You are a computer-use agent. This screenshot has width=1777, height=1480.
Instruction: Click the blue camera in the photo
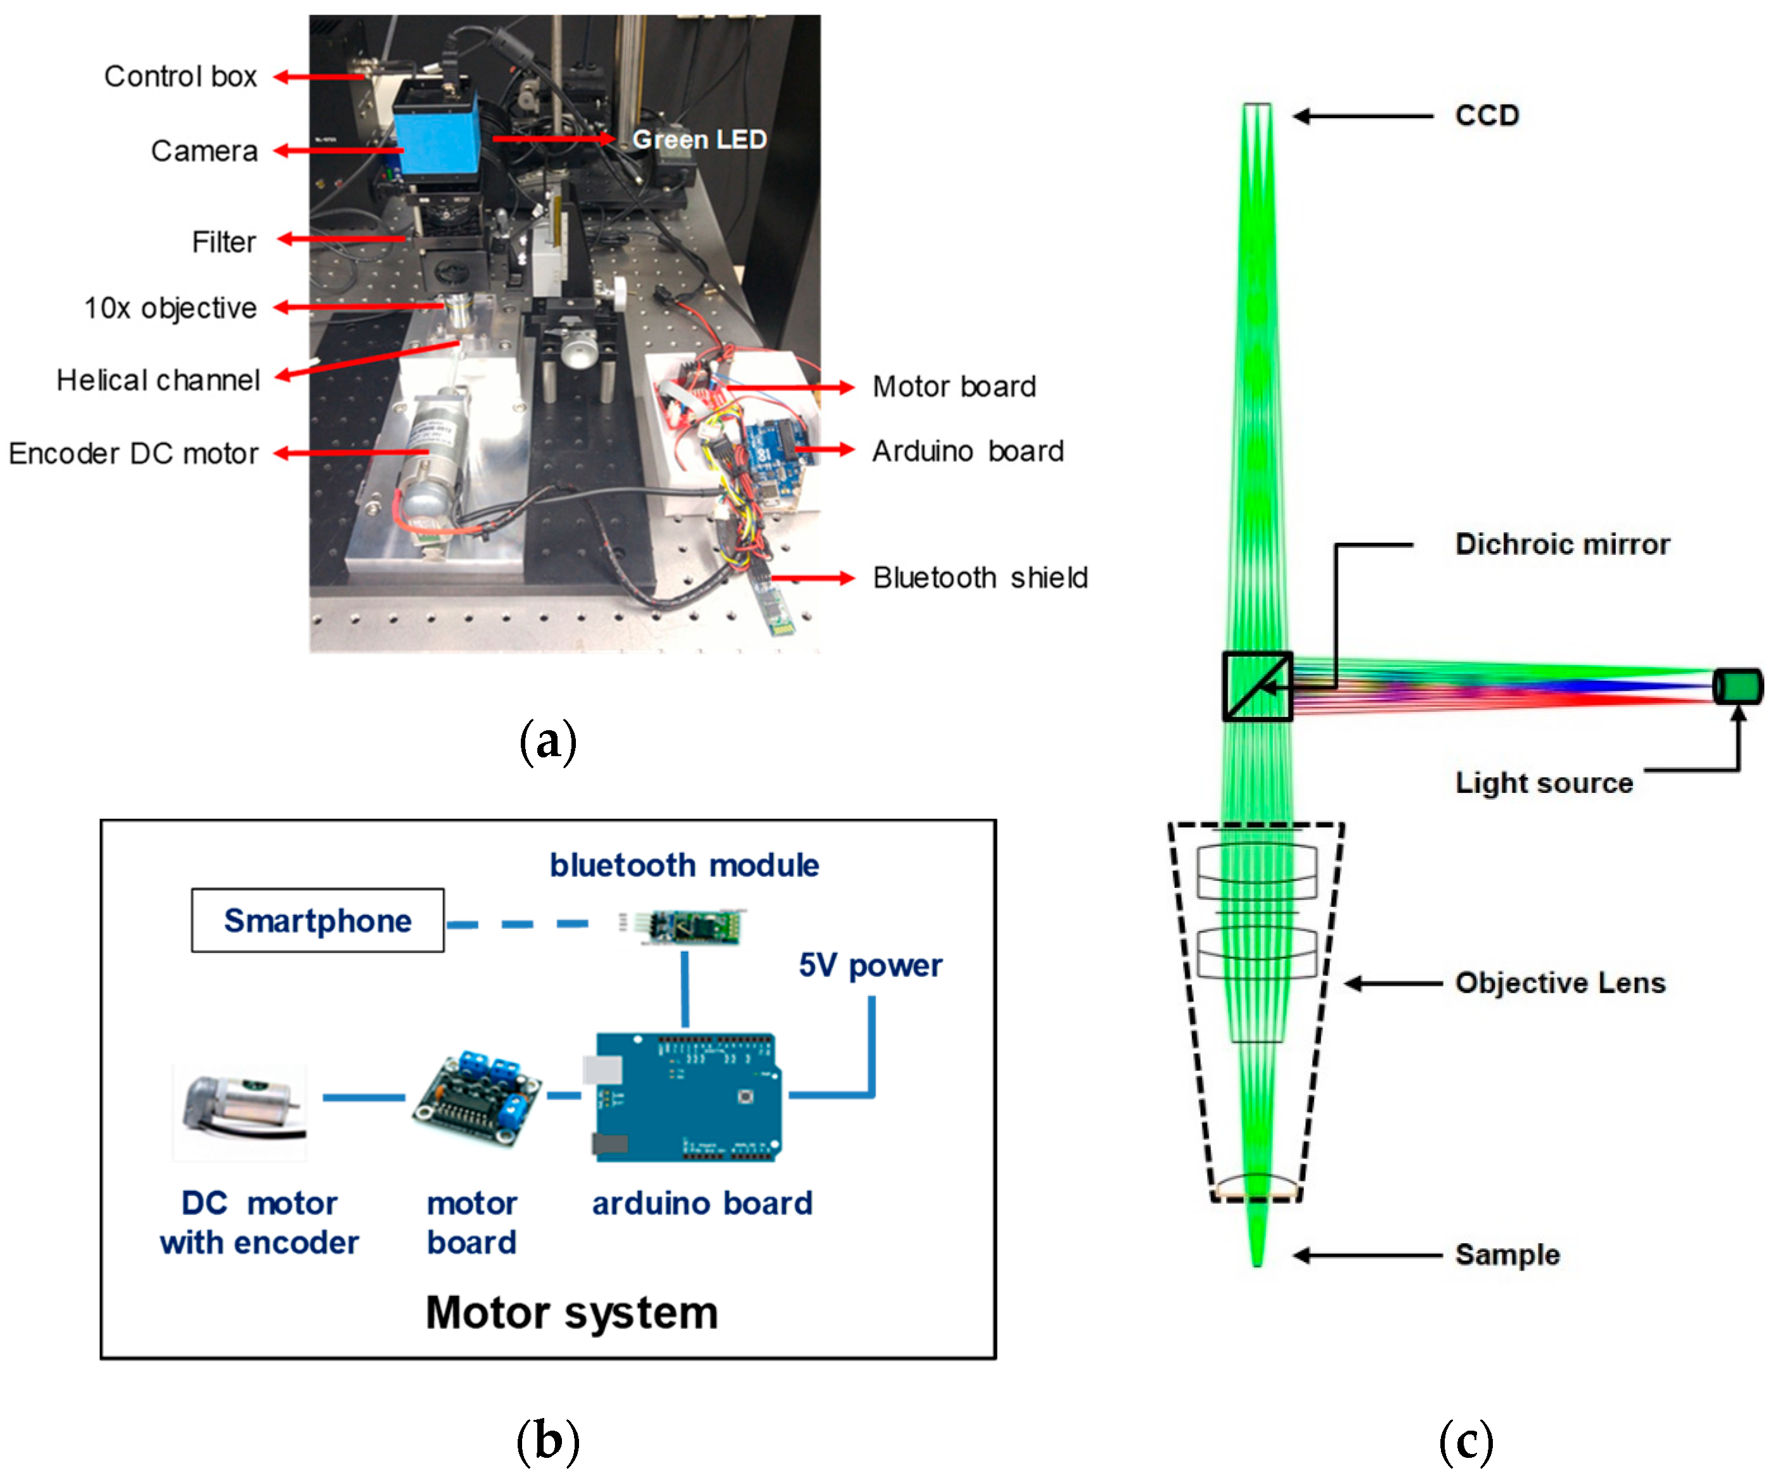(x=436, y=131)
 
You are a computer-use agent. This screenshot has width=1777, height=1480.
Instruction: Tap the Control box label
(x=180, y=76)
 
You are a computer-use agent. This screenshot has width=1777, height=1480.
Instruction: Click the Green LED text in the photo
(x=699, y=139)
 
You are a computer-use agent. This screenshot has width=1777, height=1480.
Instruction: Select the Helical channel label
(x=158, y=380)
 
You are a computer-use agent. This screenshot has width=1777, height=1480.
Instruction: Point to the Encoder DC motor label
(x=133, y=454)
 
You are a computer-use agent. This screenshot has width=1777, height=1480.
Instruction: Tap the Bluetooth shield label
(x=980, y=578)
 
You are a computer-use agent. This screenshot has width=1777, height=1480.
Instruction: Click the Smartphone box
(x=317, y=921)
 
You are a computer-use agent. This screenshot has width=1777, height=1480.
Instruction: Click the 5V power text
(x=870, y=965)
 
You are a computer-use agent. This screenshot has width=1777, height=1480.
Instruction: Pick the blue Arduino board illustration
(x=685, y=1097)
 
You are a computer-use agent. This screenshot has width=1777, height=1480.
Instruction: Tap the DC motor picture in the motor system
(x=240, y=1112)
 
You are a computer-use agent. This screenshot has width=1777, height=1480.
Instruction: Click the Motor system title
(x=571, y=1312)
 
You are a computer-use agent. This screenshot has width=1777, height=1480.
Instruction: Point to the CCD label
(x=1487, y=115)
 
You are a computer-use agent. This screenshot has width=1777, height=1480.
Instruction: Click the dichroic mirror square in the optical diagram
(x=1257, y=687)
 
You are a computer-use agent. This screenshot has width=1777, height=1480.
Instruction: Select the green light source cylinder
(x=1737, y=685)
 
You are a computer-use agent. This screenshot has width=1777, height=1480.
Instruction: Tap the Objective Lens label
(x=1559, y=983)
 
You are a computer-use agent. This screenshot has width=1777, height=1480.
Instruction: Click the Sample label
(x=1507, y=1255)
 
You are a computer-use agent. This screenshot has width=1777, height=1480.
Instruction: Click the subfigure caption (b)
(x=547, y=1440)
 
